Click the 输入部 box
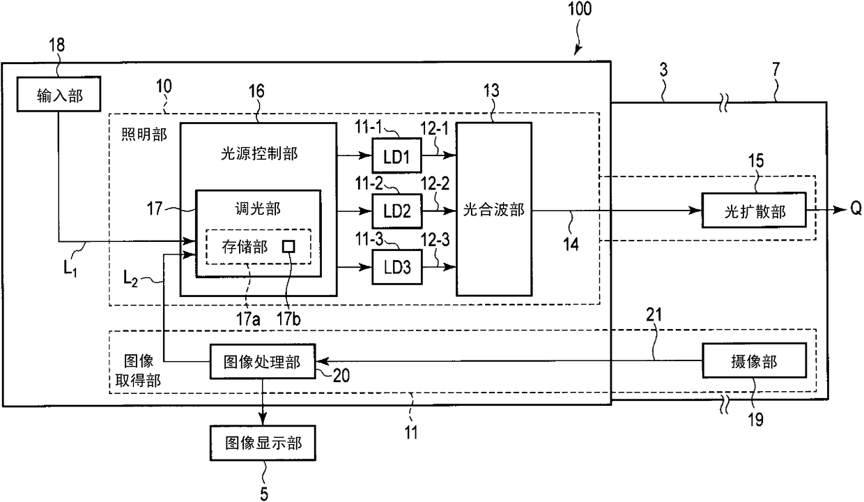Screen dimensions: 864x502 (59, 94)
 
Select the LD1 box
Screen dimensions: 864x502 (396, 155)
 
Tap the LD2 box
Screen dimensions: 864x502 (396, 211)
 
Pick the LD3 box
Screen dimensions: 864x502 (396, 267)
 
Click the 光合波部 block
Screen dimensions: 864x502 (494, 210)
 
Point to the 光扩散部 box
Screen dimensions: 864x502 (754, 211)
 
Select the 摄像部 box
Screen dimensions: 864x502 (754, 360)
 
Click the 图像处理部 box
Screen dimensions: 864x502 (263, 361)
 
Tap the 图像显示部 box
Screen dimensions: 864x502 (263, 443)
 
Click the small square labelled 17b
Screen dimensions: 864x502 (288, 246)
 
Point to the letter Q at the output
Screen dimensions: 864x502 (856, 208)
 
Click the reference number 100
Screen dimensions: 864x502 (580, 8)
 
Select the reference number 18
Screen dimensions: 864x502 (56, 45)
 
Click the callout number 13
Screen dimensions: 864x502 (491, 91)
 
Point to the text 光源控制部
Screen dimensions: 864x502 (259, 153)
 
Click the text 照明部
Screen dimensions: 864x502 (144, 135)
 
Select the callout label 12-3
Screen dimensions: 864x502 (435, 240)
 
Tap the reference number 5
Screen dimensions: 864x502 (264, 494)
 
